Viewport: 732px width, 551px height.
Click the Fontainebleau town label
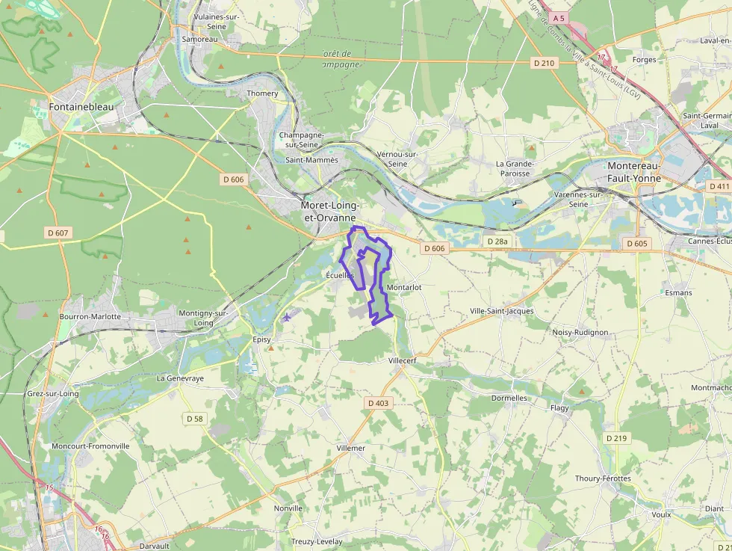point(81,107)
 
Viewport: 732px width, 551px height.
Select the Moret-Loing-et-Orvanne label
point(330,211)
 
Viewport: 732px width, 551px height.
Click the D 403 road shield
point(379,403)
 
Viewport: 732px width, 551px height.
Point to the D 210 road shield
point(545,63)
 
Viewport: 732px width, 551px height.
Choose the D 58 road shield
point(194,419)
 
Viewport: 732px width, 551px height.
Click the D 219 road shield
point(616,438)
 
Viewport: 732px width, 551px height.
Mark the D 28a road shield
point(497,241)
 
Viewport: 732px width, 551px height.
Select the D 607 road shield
point(57,233)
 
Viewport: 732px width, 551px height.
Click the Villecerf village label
point(403,360)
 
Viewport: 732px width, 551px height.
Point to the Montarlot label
point(405,287)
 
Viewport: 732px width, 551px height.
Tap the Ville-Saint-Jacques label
point(502,311)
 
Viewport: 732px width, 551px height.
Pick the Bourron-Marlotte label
point(90,316)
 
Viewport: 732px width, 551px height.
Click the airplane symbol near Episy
point(287,317)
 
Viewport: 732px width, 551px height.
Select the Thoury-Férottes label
point(603,478)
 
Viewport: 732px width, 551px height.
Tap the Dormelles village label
point(509,398)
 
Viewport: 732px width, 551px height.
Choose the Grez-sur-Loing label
point(52,393)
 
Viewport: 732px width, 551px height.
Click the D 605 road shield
point(637,244)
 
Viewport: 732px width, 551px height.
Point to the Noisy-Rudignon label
point(580,332)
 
